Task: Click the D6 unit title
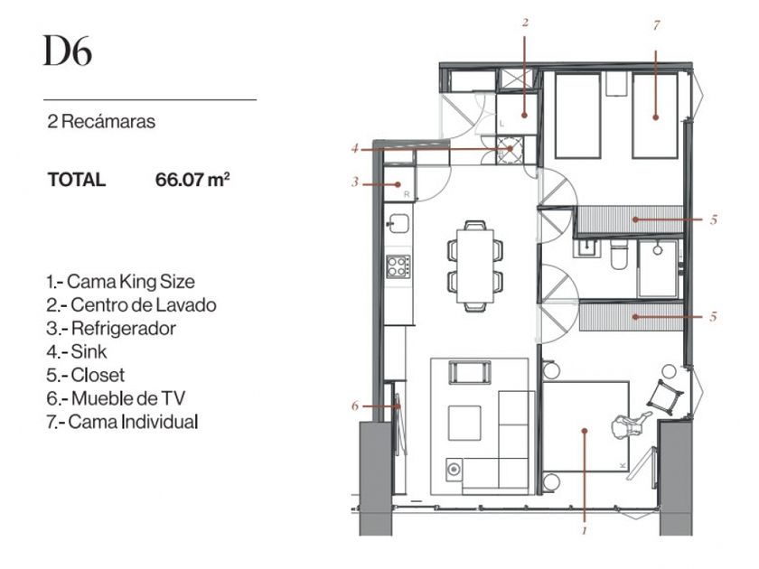67,51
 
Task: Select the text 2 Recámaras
101,121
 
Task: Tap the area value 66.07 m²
192,180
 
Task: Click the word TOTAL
77,180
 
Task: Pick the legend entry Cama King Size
121,282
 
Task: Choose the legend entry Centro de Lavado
132,305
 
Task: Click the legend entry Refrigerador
111,329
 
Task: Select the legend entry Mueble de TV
117,398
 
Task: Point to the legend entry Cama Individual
123,422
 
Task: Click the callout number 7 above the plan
656,25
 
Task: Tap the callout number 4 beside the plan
355,149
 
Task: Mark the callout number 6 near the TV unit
355,406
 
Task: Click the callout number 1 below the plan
585,531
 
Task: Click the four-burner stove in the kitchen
398,266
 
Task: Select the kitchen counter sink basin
398,224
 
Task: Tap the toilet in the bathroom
619,255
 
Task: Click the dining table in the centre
475,266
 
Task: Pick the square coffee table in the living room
464,423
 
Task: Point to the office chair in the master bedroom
629,424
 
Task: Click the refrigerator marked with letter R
399,184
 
